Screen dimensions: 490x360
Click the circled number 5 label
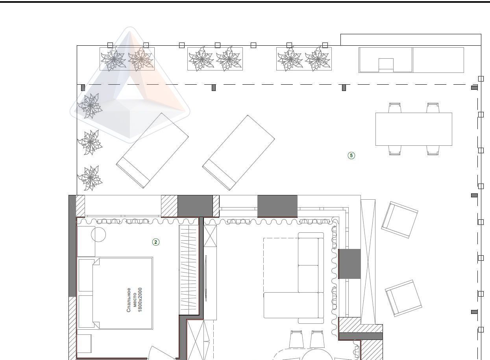(x=351, y=156)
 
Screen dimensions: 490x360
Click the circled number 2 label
(x=156, y=242)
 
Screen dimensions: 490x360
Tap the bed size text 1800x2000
(x=140, y=300)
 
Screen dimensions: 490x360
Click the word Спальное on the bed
(x=129, y=300)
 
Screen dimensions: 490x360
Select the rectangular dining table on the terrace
(x=414, y=129)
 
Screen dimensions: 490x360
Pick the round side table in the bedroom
(x=98, y=234)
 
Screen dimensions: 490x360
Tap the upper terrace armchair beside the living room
(x=399, y=220)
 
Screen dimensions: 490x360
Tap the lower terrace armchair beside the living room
(x=403, y=298)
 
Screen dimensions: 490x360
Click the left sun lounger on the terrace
(x=152, y=150)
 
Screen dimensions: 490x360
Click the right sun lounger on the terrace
(x=239, y=153)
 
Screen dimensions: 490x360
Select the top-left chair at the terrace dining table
(x=395, y=108)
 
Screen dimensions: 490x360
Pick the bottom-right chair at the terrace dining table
(x=433, y=150)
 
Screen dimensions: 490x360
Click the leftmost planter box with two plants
(x=127, y=59)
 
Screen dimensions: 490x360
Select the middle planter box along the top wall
(x=215, y=59)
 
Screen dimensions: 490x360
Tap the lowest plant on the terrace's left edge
(x=90, y=178)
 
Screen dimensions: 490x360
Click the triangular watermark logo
(x=130, y=85)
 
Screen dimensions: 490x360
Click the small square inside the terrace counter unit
(x=386, y=64)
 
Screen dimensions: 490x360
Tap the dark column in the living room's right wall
(x=349, y=264)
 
